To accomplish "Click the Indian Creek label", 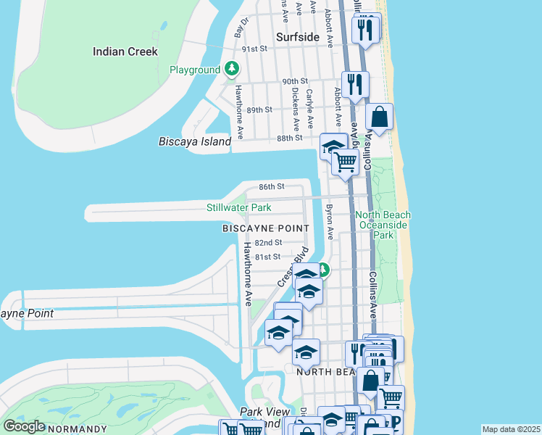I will pos(125,51).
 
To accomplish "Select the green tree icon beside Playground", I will pos(231,70).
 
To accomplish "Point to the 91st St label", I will pos(255,49).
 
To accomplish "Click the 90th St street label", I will pos(296,81).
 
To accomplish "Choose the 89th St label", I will pos(259,109).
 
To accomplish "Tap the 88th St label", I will pos(289,138).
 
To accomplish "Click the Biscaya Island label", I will pos(194,141).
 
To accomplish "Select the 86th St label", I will pos(272,186).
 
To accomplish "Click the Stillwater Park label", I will pos(238,208).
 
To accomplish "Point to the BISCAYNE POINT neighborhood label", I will pos(265,228).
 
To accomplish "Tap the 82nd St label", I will pos(268,243).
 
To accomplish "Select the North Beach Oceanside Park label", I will pos(383,225).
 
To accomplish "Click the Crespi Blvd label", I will pos(293,266).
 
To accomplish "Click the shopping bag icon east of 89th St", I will pos(380,117).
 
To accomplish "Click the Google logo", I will pos(24,426).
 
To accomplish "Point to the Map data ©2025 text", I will pos(511,429).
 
